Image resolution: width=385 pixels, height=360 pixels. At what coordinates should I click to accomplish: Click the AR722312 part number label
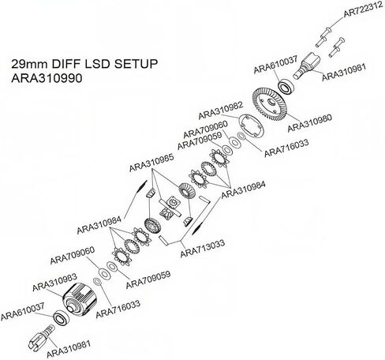coord(363,9)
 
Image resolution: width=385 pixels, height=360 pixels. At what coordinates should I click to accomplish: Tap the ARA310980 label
coord(309,122)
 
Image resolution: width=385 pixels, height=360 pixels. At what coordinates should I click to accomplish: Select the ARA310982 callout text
coord(220,111)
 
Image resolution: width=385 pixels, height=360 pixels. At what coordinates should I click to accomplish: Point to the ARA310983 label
coord(54,282)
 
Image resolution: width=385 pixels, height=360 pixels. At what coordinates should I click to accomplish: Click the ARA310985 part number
coord(151,163)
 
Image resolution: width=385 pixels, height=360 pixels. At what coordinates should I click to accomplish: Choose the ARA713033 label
coord(203,248)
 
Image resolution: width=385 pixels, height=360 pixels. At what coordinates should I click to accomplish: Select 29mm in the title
coord(29,64)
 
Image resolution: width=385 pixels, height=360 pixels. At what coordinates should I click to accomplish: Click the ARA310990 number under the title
coord(47,78)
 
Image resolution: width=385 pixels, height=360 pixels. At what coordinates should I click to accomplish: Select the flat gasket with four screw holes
coord(252,127)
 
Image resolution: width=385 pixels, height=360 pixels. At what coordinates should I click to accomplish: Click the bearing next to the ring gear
coord(286,86)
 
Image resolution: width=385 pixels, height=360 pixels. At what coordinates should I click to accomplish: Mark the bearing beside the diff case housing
coord(62,317)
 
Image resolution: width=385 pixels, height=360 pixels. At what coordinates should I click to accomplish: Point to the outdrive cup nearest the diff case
coord(42,338)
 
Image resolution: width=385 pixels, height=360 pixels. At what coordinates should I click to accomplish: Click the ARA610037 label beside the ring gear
coord(275,65)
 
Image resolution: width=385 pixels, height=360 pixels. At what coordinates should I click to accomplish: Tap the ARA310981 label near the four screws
coord(344,73)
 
